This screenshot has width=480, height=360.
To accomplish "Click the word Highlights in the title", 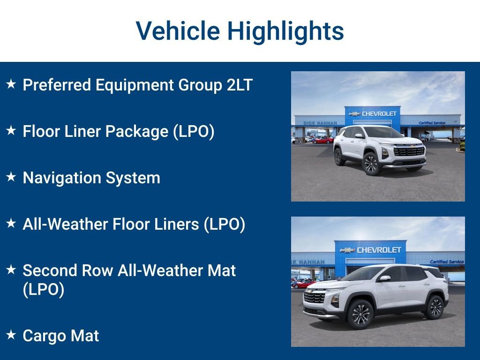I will (x=285, y=31).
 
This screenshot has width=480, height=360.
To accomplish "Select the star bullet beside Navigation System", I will (x=11, y=177).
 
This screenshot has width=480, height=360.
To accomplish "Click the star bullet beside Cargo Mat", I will (x=11, y=334).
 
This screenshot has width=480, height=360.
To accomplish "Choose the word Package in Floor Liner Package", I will (x=137, y=131).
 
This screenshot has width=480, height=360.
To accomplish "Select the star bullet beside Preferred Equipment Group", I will (x=11, y=84).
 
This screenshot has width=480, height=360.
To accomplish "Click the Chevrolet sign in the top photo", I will (x=373, y=113).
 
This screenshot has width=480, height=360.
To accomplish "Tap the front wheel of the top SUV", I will (x=371, y=164).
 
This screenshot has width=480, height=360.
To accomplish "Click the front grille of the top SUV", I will (x=409, y=151).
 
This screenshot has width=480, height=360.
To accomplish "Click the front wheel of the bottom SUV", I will (x=360, y=314).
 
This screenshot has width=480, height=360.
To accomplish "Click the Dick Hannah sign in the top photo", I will (x=320, y=123).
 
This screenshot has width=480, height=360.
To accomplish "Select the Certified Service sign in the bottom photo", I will (x=446, y=262).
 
